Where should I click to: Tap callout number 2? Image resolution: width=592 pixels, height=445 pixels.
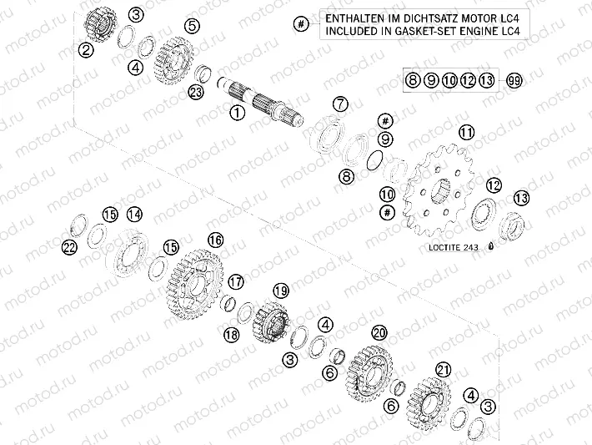pyautogui.click(x=86, y=50)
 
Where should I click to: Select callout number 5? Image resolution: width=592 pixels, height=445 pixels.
pyautogui.click(x=193, y=28)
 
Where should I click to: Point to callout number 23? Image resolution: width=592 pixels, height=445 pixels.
pyautogui.click(x=196, y=92)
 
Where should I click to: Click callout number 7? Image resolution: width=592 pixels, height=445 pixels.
pyautogui.click(x=339, y=104)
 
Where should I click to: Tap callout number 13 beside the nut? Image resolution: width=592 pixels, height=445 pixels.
pyautogui.click(x=521, y=198)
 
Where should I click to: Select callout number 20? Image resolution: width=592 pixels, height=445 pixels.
pyautogui.click(x=379, y=331)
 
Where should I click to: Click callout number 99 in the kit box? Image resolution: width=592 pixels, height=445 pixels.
pyautogui.click(x=514, y=81)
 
